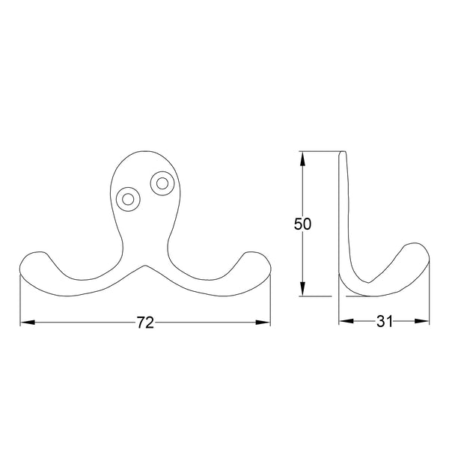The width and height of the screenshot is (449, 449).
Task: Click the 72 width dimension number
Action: click(145, 323)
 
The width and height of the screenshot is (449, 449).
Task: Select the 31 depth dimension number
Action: click(385, 323)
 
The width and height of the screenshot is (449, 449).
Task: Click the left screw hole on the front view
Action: click(129, 199)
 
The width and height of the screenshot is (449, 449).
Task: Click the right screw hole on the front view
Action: click(161, 182)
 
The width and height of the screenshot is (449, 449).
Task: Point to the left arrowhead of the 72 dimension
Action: click(25, 323)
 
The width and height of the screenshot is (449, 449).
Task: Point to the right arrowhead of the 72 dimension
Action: click(265, 323)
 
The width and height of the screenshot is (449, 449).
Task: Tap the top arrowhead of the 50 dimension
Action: click(302, 157)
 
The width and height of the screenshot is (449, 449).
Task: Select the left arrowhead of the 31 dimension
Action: click(344, 323)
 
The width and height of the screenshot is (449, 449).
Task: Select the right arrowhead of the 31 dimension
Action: click(424, 323)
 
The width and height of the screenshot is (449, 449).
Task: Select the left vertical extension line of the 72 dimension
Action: click(20, 299)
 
